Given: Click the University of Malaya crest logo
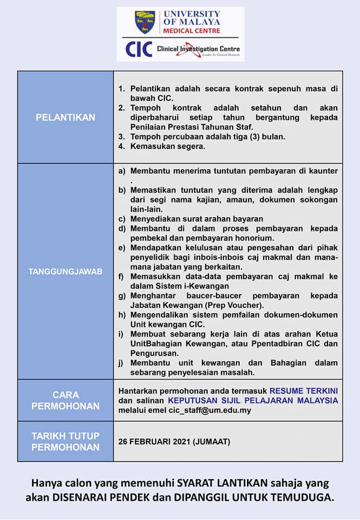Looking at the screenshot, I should coord(145,22).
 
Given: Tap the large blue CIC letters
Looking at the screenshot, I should coord(138,49).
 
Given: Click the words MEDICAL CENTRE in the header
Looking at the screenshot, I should coord(192,31).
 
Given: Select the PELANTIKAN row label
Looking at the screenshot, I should coord(66,118).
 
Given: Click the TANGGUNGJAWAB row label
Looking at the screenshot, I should coord(66,271).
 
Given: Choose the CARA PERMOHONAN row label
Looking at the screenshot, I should coord(66,400).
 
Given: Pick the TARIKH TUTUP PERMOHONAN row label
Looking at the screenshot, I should coord(66,441).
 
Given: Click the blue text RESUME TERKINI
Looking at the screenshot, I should coord(303,390).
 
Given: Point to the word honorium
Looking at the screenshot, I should coord(252,238).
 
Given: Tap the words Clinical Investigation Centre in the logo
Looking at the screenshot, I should coord(198,49).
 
